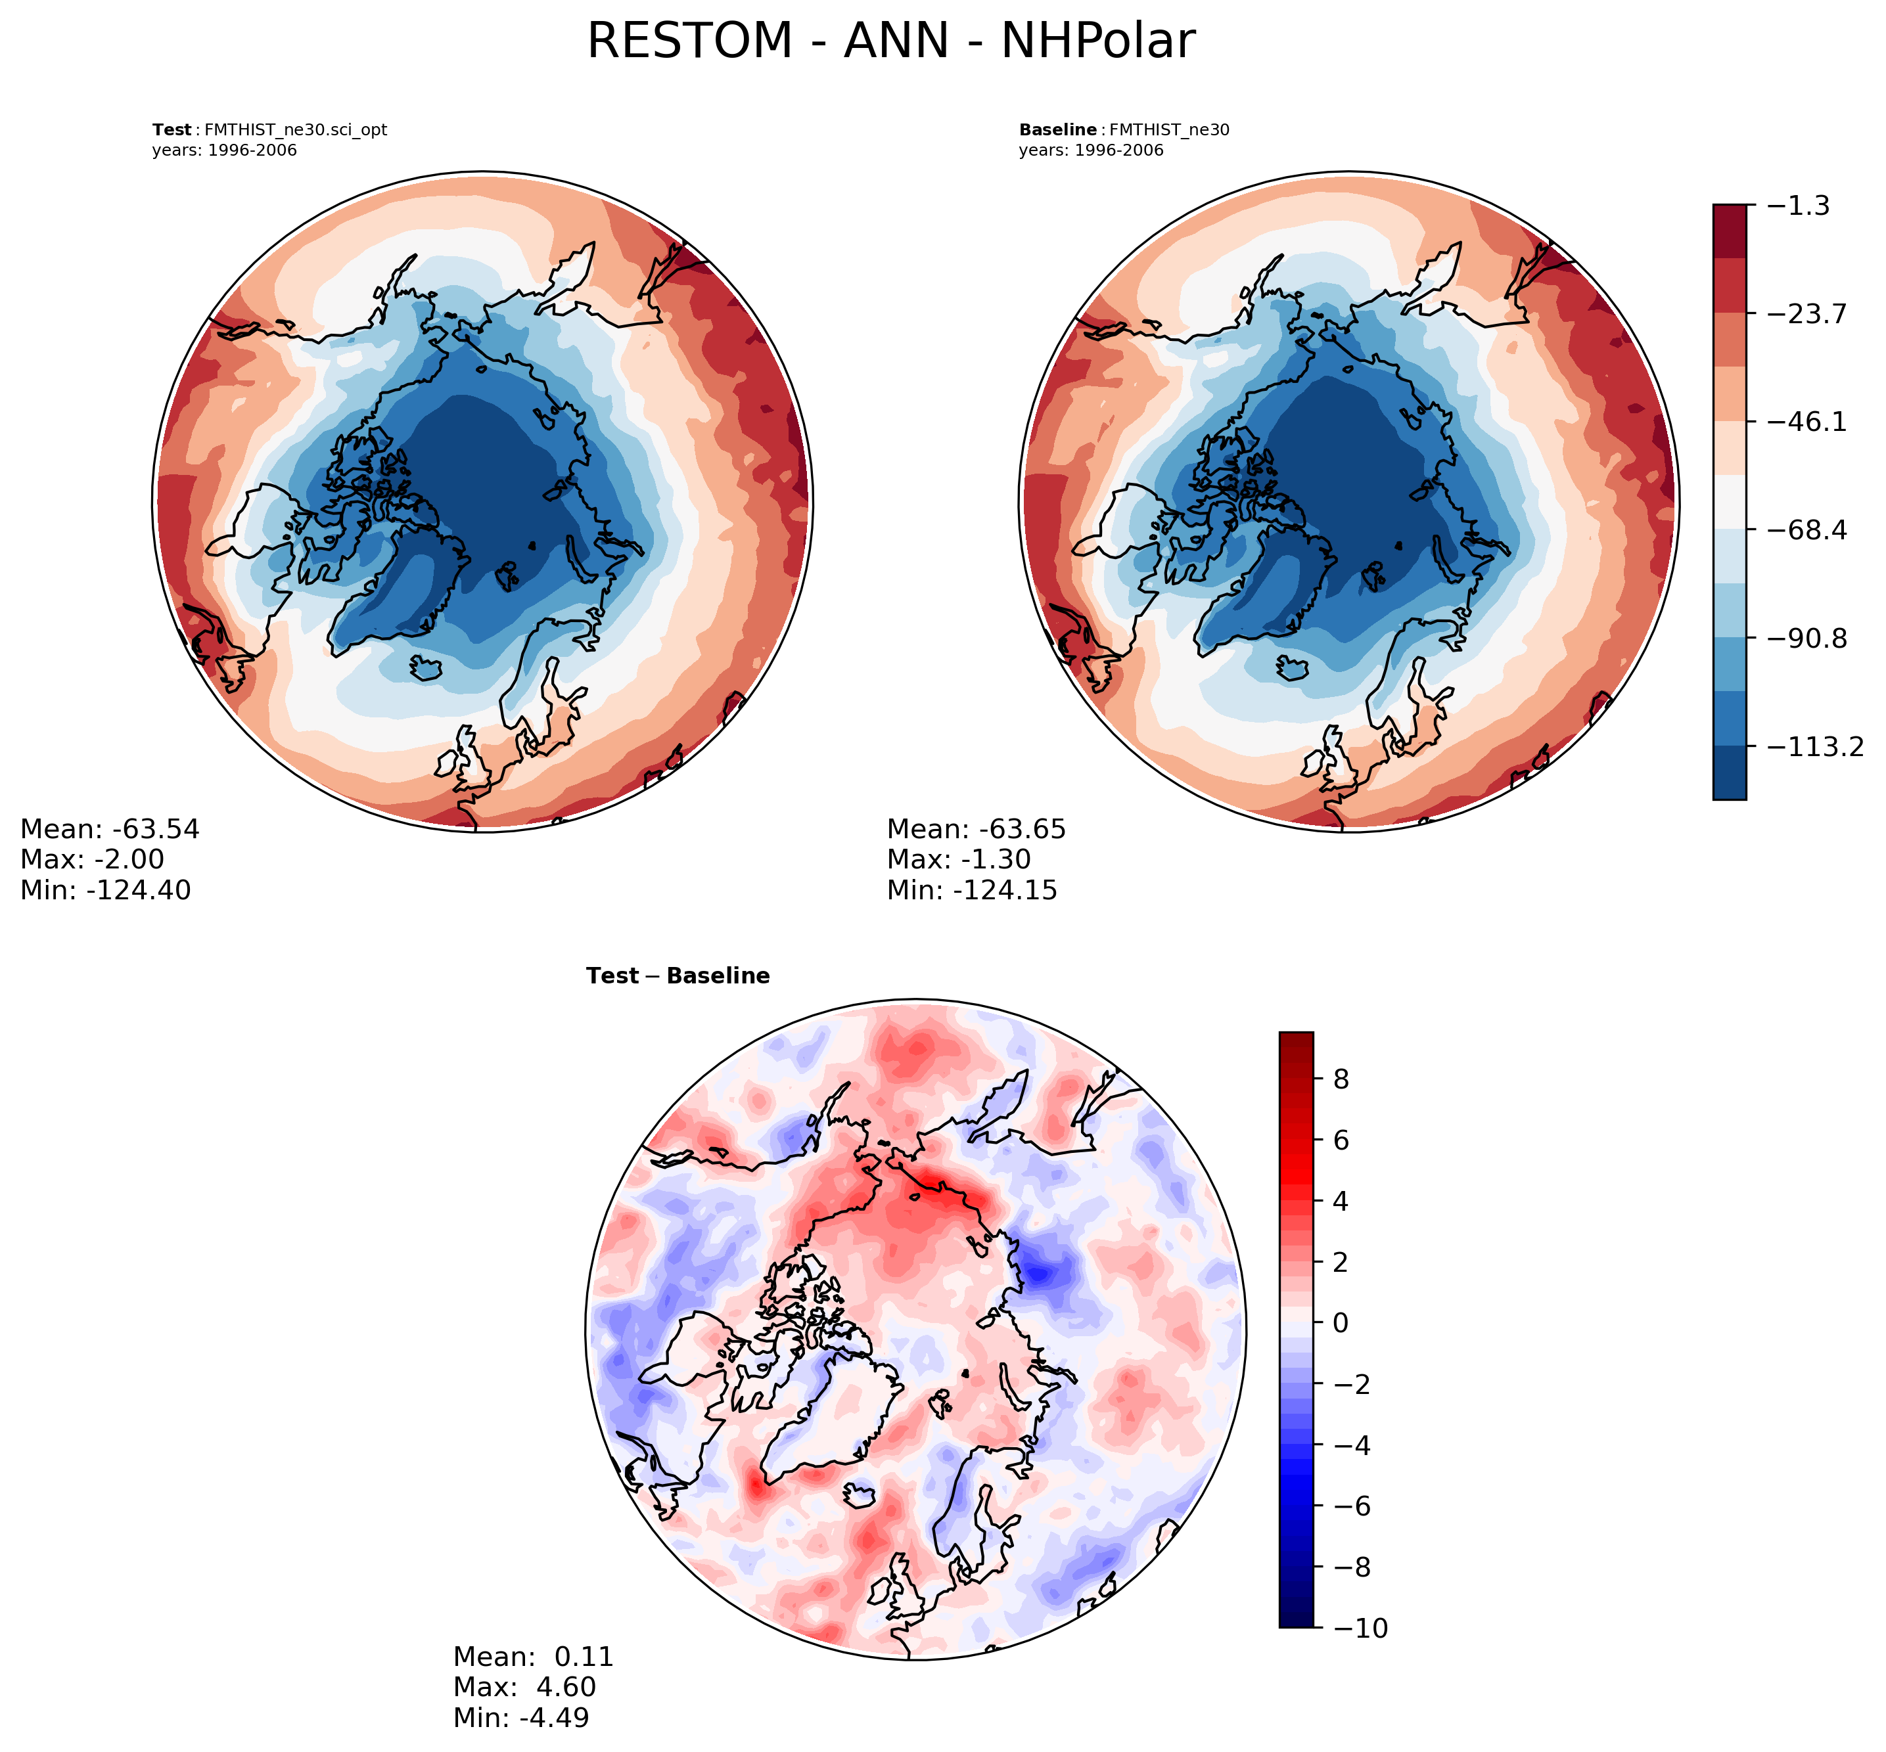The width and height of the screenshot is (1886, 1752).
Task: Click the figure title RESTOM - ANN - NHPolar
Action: (890, 42)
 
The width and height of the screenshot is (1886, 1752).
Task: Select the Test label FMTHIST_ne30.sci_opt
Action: (269, 130)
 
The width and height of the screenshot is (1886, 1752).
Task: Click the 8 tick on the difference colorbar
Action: (1341, 1079)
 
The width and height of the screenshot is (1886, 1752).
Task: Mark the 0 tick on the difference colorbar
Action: (1341, 1322)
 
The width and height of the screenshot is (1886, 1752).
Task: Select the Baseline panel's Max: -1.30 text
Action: (959, 859)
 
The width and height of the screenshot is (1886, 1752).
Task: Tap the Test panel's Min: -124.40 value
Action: (105, 889)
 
